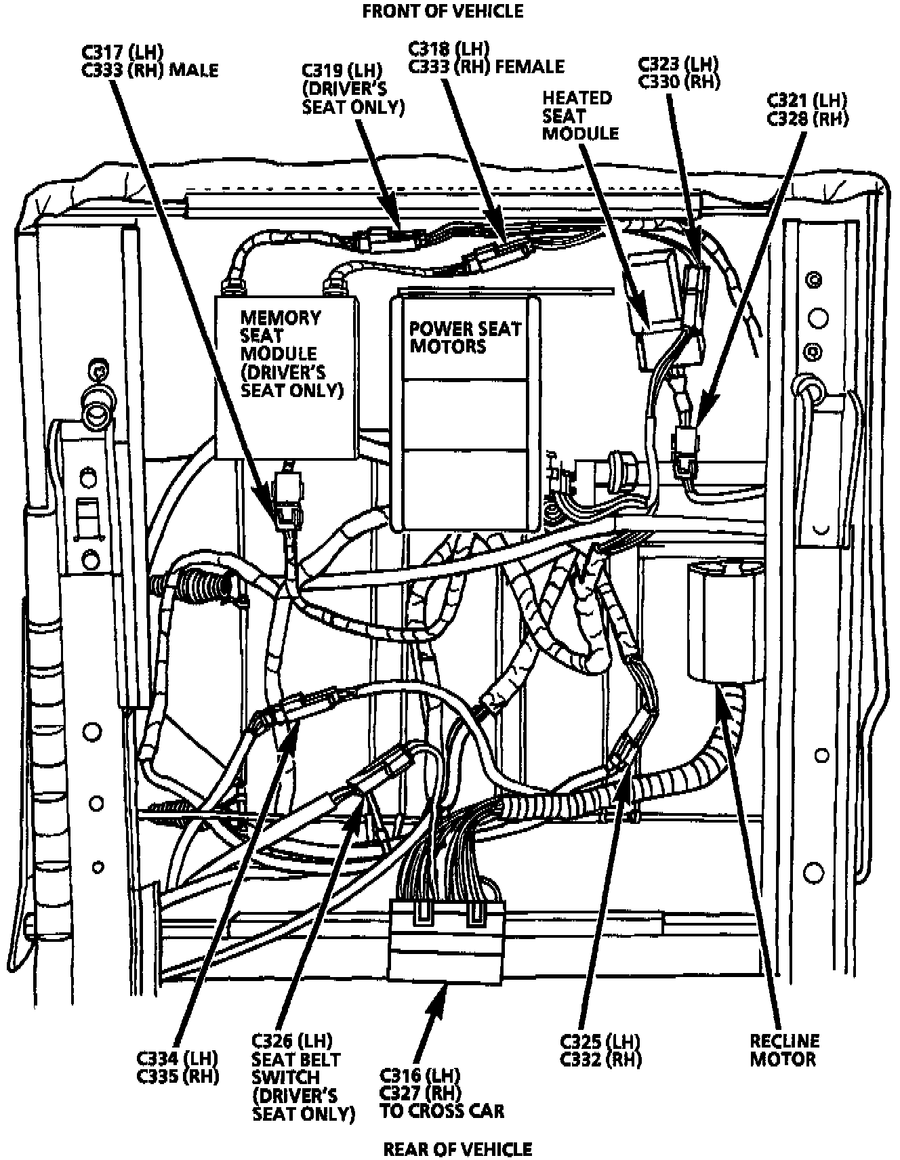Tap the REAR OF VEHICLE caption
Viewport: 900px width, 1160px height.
pyautogui.click(x=458, y=1148)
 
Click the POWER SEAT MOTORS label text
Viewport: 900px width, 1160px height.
pyautogui.click(x=465, y=337)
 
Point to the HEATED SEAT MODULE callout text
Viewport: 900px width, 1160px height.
pyautogui.click(x=579, y=115)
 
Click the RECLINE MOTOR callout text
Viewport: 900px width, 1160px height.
pyautogui.click(x=783, y=1050)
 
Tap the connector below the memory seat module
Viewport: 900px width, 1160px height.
pyautogui.click(x=288, y=498)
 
